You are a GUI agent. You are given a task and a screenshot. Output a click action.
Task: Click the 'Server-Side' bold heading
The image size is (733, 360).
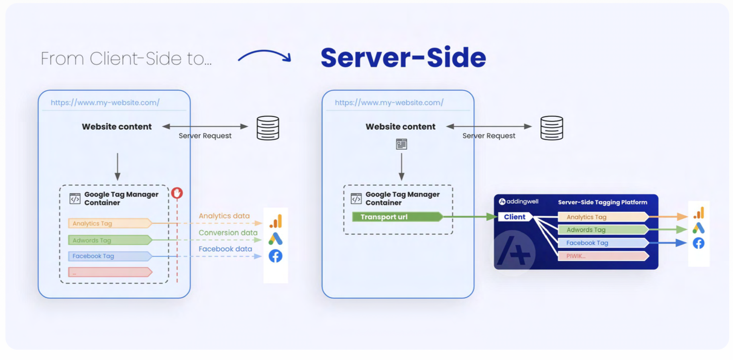[403, 57]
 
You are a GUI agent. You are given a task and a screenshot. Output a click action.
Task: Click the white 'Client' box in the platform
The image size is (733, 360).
[514, 217]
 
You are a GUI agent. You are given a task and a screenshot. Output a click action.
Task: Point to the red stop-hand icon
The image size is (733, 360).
[177, 193]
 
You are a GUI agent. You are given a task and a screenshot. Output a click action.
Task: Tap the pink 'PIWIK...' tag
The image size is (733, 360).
[602, 256]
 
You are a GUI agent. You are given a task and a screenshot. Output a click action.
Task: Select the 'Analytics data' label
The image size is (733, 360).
[224, 216]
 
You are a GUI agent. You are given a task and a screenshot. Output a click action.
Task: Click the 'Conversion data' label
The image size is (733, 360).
[228, 233]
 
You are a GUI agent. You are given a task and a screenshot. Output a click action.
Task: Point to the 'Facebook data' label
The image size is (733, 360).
[225, 249]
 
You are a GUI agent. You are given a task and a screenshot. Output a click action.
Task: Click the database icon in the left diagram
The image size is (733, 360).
[268, 128]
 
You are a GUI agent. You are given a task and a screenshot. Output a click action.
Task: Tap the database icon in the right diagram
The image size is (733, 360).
[552, 128]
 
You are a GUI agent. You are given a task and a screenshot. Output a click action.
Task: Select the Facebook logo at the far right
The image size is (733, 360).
[699, 243]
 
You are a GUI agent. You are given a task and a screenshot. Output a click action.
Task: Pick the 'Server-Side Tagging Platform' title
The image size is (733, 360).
[602, 202]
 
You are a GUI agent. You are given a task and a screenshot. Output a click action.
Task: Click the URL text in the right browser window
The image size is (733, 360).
[389, 103]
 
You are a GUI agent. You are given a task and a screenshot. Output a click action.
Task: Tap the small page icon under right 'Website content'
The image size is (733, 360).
[401, 144]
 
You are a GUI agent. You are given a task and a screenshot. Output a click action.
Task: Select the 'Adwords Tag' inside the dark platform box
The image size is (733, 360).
[602, 230]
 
